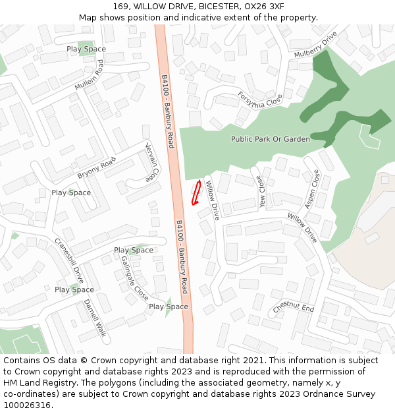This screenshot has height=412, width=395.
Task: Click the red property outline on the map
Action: tap(196, 192)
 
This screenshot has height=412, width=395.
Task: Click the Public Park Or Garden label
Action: tap(270, 139)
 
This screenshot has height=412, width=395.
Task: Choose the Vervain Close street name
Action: tap(151, 163)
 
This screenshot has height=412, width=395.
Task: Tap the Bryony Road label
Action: tap(96, 167)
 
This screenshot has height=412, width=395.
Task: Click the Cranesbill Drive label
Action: tap(69, 261)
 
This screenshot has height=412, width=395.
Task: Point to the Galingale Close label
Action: tap(134, 278)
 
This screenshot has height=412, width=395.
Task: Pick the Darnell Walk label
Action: tap(95, 318)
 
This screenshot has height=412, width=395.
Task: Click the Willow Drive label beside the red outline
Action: tap(212, 200)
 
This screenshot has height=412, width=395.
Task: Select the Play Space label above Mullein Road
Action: tap(86, 49)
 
